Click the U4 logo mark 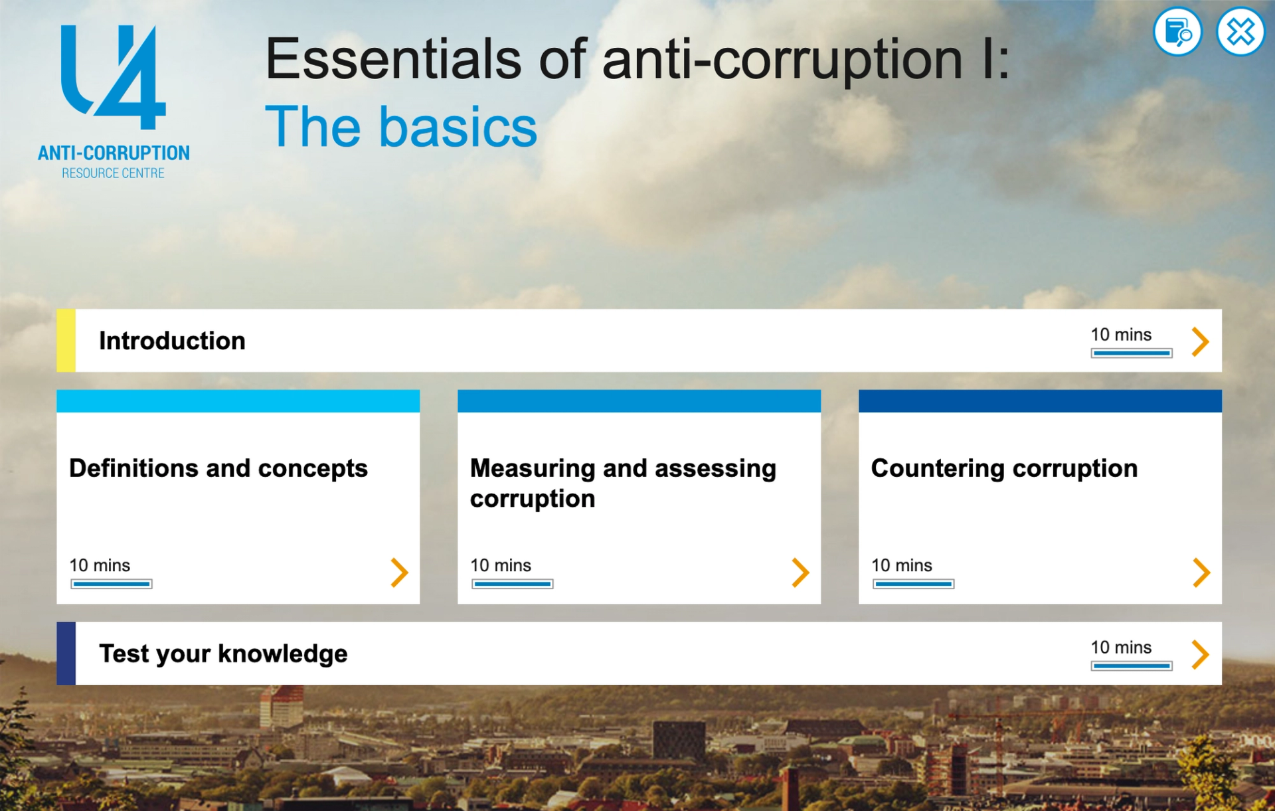click(x=113, y=77)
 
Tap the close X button click(x=1240, y=32)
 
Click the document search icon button click(x=1177, y=32)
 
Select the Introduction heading click(x=172, y=341)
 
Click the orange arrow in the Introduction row click(x=1200, y=341)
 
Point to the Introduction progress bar click(x=1131, y=353)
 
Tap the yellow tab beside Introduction click(x=66, y=340)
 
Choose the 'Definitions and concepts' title click(x=218, y=468)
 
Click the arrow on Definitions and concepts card click(x=399, y=573)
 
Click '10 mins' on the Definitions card click(x=100, y=565)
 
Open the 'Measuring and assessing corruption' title click(x=622, y=483)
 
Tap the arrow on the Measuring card click(x=800, y=573)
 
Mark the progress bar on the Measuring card click(x=512, y=585)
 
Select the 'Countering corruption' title click(x=1004, y=468)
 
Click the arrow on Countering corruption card click(x=1201, y=573)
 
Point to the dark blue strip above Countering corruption click(x=1039, y=401)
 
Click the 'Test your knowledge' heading click(x=223, y=654)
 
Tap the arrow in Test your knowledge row click(x=1200, y=654)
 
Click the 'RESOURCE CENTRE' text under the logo click(x=113, y=173)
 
